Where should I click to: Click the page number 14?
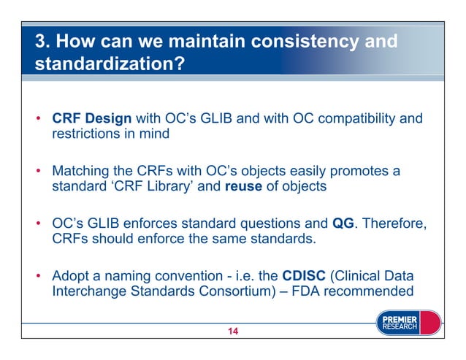point(232,333)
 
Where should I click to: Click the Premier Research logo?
point(407,323)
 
